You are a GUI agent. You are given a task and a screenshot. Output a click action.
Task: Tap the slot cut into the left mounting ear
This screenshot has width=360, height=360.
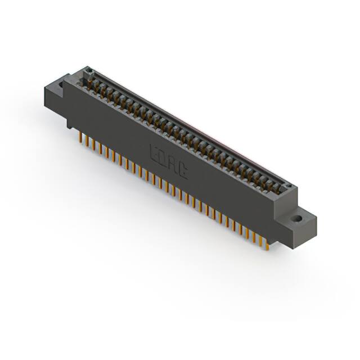(58, 88)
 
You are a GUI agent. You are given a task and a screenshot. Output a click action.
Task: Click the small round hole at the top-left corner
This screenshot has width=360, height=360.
(88, 71)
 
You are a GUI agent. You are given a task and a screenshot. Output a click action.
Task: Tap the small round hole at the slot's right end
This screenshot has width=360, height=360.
(286, 187)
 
